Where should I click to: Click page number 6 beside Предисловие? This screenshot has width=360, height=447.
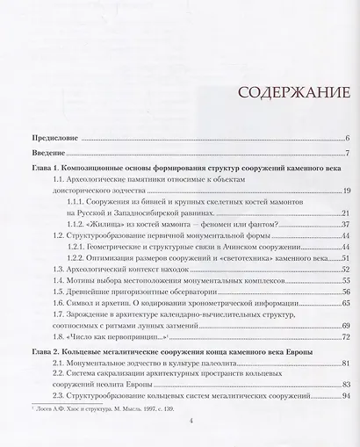point(349,139)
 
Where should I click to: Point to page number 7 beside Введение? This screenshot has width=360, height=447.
point(349,154)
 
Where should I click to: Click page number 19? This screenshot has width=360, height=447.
point(347,190)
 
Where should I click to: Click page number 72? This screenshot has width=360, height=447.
point(347,337)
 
